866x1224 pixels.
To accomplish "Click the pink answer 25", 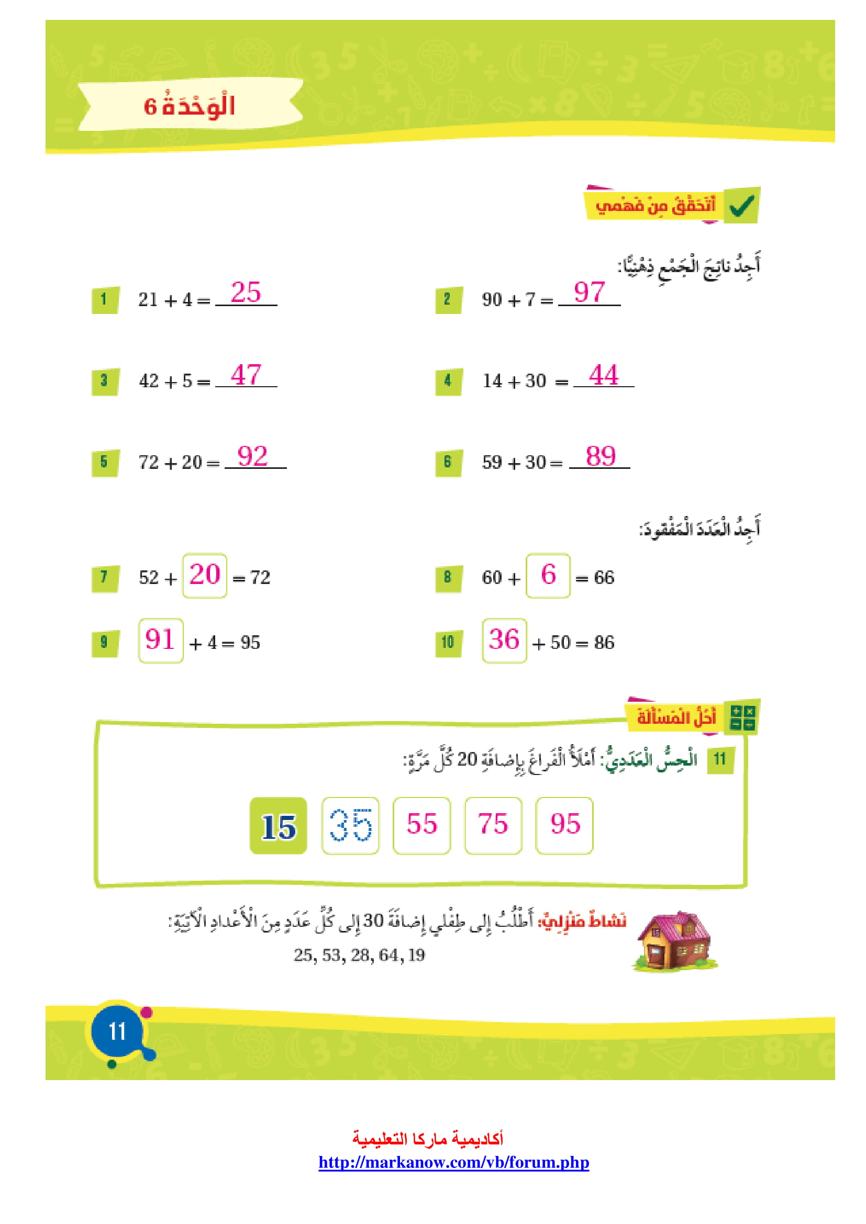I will [246, 292].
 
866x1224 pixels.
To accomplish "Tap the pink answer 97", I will [589, 292].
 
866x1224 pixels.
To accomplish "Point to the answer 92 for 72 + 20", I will [253, 456].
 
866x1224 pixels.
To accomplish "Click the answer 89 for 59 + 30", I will [601, 456].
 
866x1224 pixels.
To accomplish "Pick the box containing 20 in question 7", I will [205, 576].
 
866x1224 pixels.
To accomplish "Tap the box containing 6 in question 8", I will [548, 576].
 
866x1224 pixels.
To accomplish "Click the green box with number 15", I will [279, 826].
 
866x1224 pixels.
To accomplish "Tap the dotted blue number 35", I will [350, 826].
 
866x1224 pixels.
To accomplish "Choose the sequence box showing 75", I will [493, 826].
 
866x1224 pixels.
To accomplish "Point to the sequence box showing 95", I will [564, 826].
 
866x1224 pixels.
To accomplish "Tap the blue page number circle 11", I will [117, 1031].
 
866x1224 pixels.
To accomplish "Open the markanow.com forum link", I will [454, 1162].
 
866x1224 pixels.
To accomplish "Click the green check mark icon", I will [742, 205].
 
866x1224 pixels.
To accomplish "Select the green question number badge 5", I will [105, 462].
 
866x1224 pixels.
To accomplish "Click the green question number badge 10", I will [448, 643].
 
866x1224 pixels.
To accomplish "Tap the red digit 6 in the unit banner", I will [150, 107].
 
